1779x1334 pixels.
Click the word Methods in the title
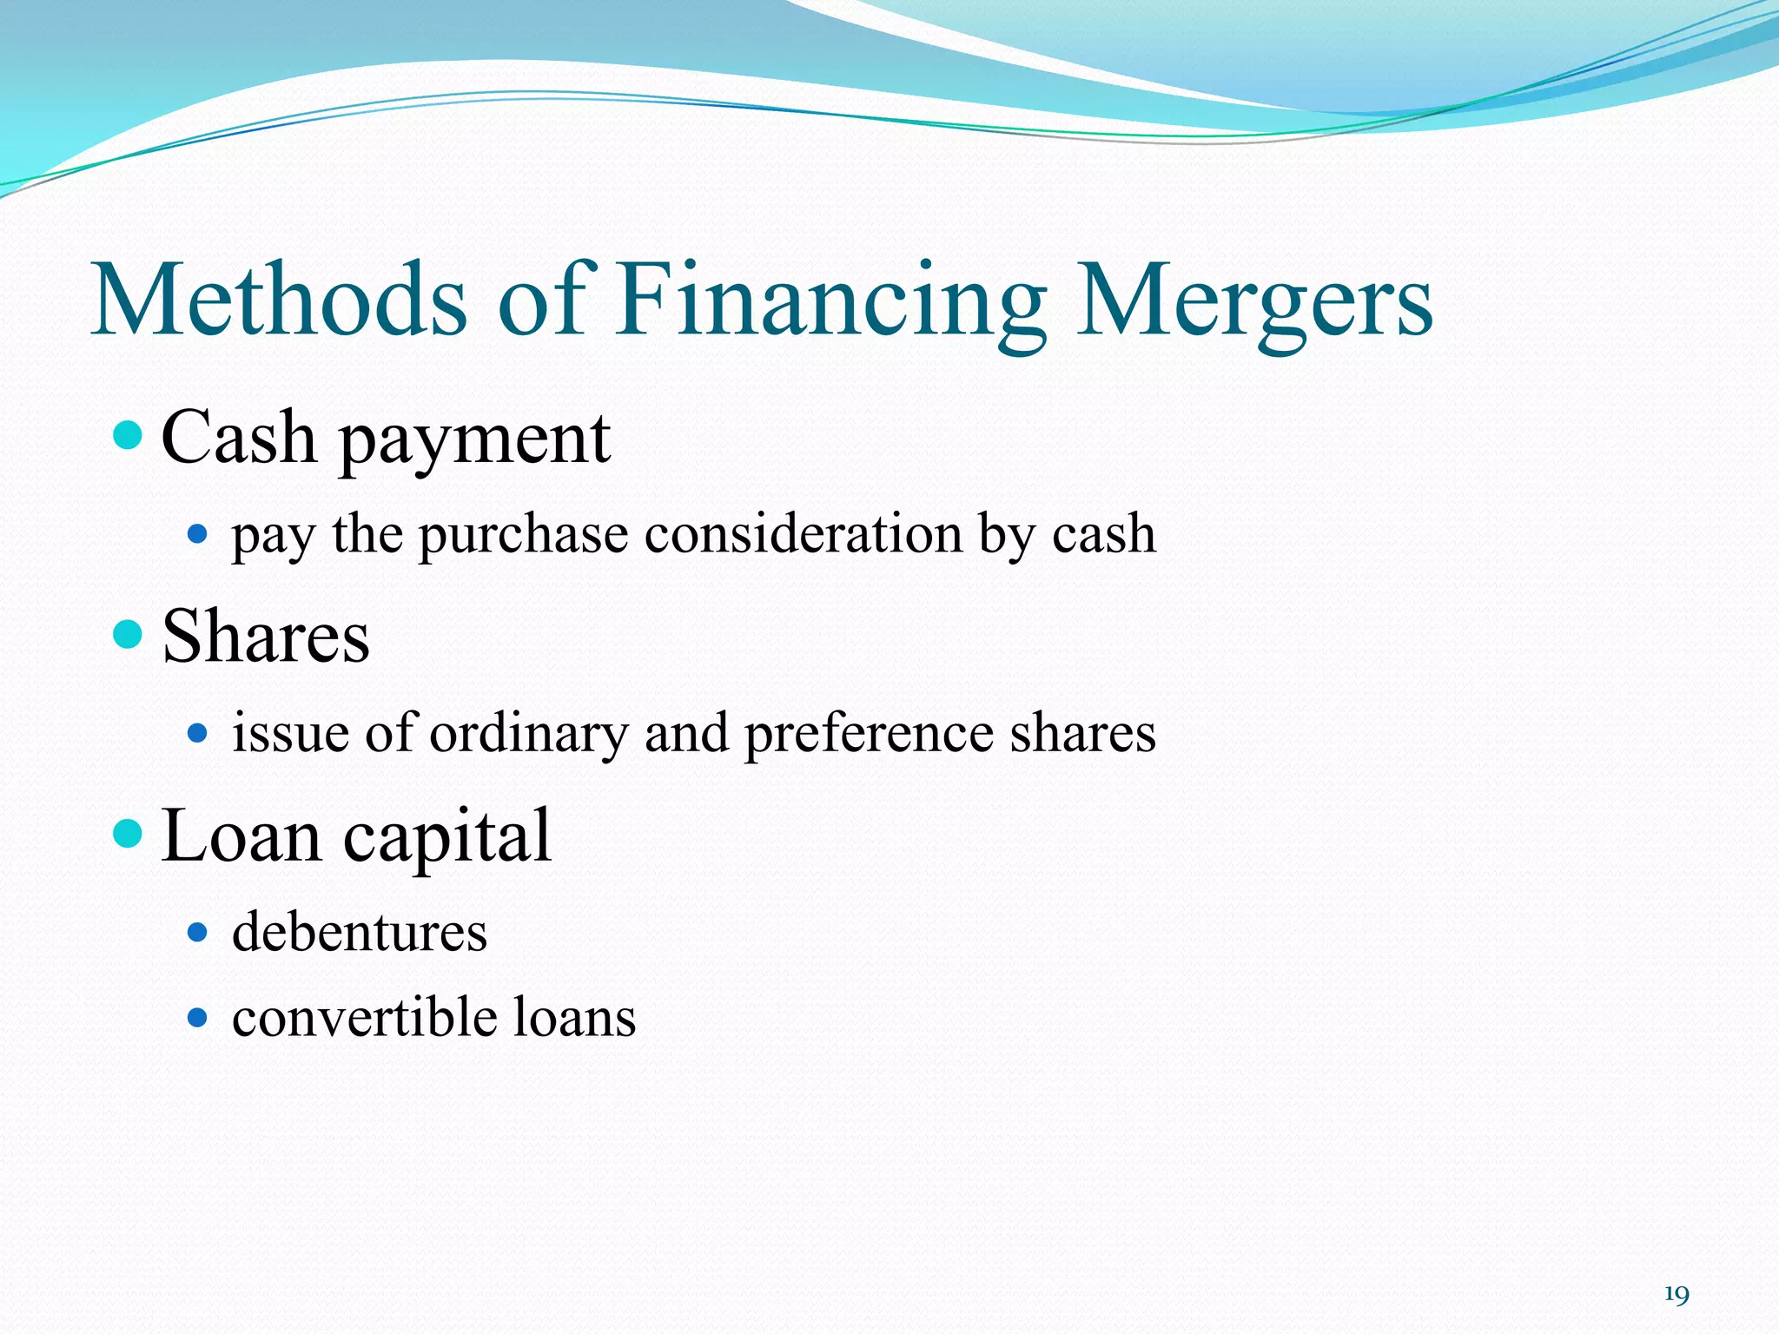tap(280, 300)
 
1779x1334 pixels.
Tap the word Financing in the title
tap(831, 300)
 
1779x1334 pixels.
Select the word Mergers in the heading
tap(1254, 300)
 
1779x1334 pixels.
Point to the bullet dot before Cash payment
tap(128, 434)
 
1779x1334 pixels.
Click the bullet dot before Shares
tap(128, 633)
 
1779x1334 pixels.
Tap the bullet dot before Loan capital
tap(128, 834)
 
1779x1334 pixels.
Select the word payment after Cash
tap(474, 439)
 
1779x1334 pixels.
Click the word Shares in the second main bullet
tap(266, 637)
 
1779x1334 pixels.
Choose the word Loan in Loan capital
tap(241, 835)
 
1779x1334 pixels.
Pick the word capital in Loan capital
tap(447, 837)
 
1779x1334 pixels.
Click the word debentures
tap(360, 932)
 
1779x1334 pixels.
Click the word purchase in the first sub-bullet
tap(524, 535)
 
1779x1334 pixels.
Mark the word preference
tap(869, 734)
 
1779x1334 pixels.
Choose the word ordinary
tap(528, 734)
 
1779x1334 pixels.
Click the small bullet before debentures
tap(198, 933)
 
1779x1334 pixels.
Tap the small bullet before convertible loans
tap(198, 1017)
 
